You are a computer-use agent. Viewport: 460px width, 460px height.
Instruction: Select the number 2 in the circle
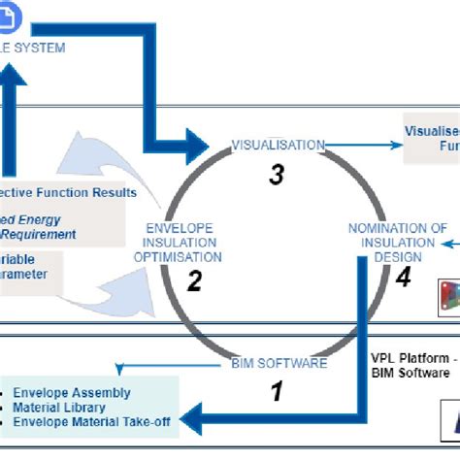[x=194, y=281]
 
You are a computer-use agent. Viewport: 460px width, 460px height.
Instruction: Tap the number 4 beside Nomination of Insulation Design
[x=403, y=277]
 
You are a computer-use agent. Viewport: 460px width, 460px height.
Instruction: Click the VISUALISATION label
[x=277, y=145]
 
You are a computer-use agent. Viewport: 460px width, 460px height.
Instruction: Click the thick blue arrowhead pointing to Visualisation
[x=199, y=145]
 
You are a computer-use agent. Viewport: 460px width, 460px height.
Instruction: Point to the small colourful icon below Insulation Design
[x=448, y=296]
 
